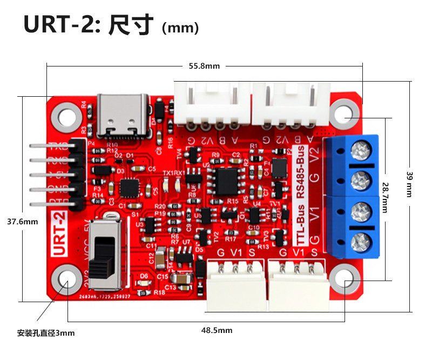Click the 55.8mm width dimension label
pos(204,66)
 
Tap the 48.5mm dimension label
pos(217,330)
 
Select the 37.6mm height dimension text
pos(23,222)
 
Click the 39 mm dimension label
pos(409,184)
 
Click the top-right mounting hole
pos(345,114)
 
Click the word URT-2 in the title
pos(62,25)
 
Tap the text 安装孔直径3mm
pos(46,333)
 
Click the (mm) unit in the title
pos(180,28)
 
